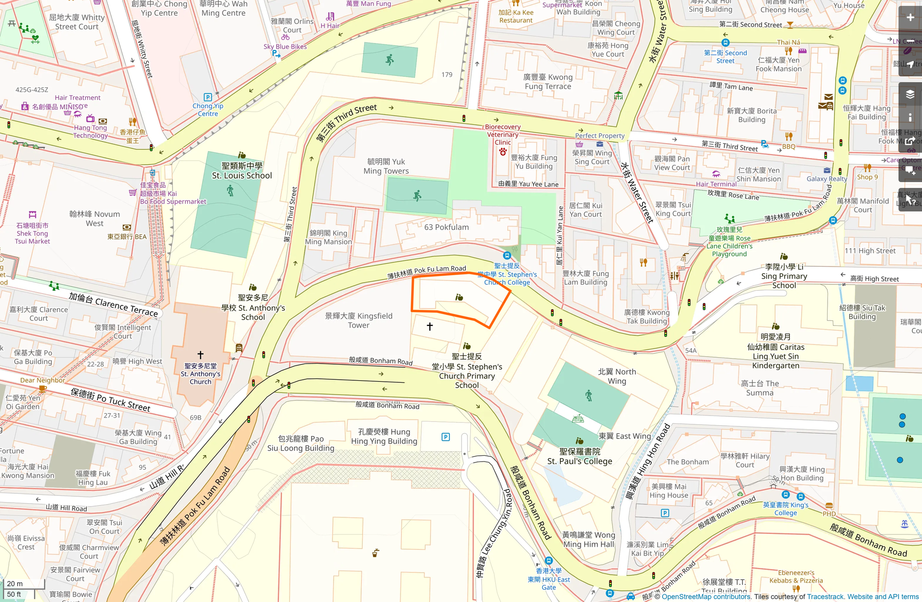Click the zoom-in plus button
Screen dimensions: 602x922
point(910,18)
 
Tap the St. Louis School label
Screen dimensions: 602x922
point(242,171)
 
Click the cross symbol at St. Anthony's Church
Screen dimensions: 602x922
point(200,354)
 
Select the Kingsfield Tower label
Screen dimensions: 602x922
point(359,321)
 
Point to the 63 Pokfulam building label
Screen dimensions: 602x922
point(446,227)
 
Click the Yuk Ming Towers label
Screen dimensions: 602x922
point(386,166)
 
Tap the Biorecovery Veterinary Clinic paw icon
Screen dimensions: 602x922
point(503,152)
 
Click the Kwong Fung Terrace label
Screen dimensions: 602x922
point(548,82)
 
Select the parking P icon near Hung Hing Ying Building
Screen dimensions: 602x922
point(445,437)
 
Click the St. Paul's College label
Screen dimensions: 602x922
point(579,456)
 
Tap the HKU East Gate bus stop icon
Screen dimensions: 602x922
point(549,561)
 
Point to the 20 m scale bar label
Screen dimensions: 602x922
point(15,583)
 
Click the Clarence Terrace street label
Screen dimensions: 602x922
point(113,304)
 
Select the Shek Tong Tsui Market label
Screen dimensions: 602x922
point(32,233)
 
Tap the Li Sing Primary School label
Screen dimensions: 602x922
point(784,276)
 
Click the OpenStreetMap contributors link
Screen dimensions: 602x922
point(706,597)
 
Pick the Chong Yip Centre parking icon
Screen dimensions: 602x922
point(207,97)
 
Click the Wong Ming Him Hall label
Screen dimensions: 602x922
point(588,540)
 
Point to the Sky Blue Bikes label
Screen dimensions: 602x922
point(285,47)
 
